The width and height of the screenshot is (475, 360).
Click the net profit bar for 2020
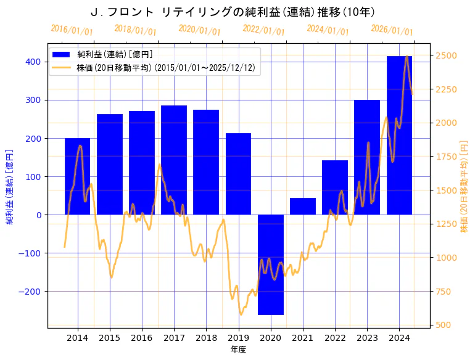coord(270,264)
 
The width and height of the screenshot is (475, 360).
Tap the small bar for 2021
coord(303,207)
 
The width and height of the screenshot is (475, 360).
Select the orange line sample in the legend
coord(62,67)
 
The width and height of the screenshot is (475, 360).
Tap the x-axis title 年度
coord(238,350)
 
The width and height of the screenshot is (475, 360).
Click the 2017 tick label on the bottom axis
coord(174,337)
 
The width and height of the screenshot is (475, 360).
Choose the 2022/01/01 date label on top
coord(263,30)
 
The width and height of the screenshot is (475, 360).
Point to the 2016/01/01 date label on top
coord(72,30)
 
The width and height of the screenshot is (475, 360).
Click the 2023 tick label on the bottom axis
coord(367,337)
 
